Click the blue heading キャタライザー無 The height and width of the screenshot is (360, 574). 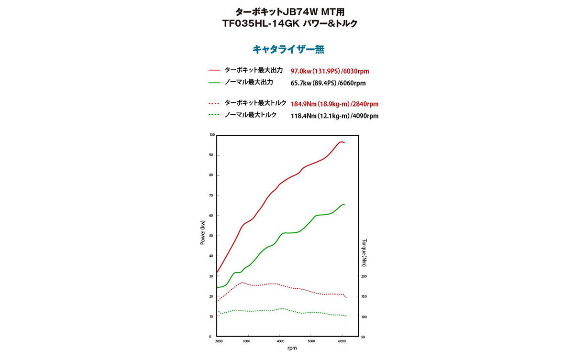[x=288, y=49]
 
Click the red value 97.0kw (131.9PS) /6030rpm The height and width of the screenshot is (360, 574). [x=330, y=71]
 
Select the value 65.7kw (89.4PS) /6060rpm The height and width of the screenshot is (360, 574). [x=328, y=83]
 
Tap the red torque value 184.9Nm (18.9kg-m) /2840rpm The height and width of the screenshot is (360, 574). [x=334, y=104]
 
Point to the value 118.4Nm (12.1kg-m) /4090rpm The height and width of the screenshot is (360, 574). [x=334, y=116]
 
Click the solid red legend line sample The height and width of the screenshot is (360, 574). [x=214, y=70]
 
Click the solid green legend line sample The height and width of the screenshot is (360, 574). [x=214, y=82]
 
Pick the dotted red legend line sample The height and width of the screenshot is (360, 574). [x=214, y=103]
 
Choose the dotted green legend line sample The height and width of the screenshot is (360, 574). [x=214, y=115]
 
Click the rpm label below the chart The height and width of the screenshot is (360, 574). [x=292, y=348]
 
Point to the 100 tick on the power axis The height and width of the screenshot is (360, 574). [x=212, y=135]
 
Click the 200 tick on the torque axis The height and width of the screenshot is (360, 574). [x=364, y=276]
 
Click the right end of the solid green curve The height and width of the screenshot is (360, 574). [x=344, y=205]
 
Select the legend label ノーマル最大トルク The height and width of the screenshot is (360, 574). [x=250, y=115]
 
